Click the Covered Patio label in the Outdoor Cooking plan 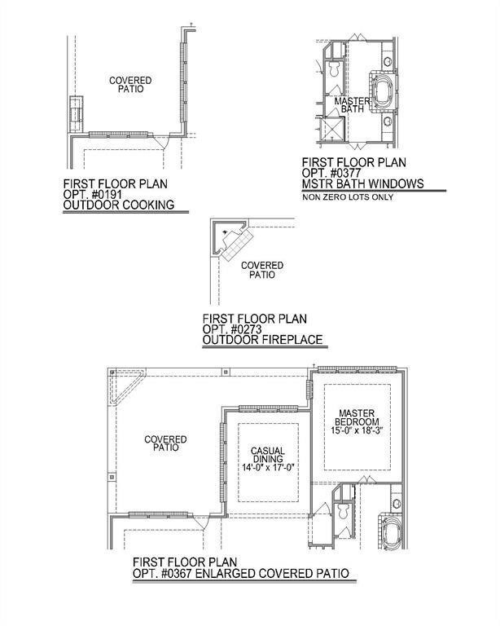tap(130, 85)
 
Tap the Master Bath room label tap(352, 104)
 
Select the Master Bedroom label tap(357, 417)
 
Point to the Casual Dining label tap(268, 455)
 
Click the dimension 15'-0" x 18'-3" tap(357, 430)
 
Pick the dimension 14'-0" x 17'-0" tap(268, 468)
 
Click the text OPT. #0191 tap(93, 195)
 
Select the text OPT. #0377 tap(331, 173)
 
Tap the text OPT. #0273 tap(232, 329)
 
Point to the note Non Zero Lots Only tap(348, 197)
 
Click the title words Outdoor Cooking tap(119, 205)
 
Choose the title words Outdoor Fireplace tap(263, 340)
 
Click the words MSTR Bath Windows tap(363, 183)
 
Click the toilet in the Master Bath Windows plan tap(334, 68)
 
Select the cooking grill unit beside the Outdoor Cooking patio tap(77, 114)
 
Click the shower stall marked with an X tap(331, 129)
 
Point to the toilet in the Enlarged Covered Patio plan tap(343, 511)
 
